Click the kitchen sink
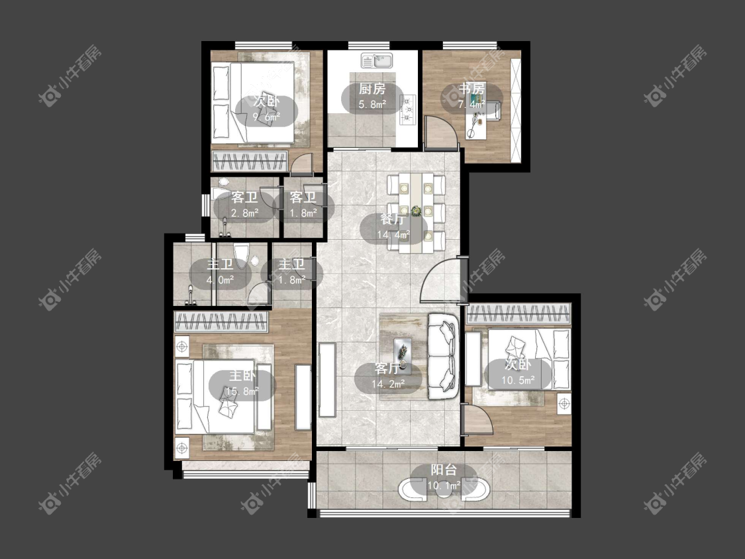[377, 60]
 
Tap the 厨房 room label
[372, 89]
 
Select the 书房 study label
[472, 89]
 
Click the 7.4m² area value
[472, 104]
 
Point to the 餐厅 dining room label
[393, 219]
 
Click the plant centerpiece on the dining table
[417, 211]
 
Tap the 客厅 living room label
[387, 368]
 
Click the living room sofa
[443, 356]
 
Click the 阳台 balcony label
[444, 470]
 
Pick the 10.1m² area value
[444, 485]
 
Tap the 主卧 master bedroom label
[243, 376]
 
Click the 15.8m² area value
[243, 391]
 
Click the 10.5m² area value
[518, 380]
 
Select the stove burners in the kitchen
[408, 109]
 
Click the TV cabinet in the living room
[327, 380]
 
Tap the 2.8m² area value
[244, 213]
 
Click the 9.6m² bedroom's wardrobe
[250, 161]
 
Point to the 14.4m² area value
[393, 234]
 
